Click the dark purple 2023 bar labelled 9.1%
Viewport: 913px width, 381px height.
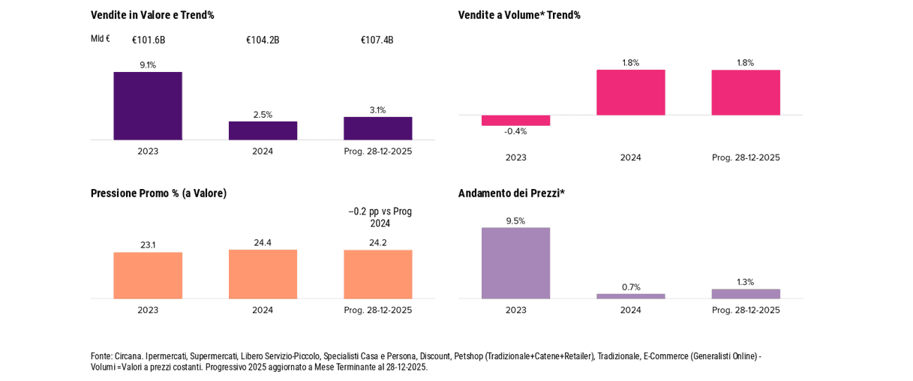148,106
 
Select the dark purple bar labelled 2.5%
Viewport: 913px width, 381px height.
263,130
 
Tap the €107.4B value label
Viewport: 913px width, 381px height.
377,40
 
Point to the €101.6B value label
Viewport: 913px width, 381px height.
149,40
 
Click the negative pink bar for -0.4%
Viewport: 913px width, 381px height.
515,120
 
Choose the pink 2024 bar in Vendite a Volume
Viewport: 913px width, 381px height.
630,92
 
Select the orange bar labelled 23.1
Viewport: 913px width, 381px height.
148,275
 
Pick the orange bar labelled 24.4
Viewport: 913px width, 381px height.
263,274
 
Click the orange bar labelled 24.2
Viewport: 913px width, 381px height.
377,274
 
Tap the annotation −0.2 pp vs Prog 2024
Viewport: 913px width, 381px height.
380,217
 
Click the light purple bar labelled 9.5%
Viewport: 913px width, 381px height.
515,262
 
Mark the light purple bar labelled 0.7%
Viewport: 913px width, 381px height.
630,296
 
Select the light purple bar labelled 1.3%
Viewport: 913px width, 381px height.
745,294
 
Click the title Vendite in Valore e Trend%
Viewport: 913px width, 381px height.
152,15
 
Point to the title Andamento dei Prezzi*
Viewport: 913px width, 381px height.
511,193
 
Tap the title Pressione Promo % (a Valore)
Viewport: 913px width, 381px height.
158,193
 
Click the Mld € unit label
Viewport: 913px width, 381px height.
100,39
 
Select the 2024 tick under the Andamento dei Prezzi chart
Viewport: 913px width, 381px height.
630,310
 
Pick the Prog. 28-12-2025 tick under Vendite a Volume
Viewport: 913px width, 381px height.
745,157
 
